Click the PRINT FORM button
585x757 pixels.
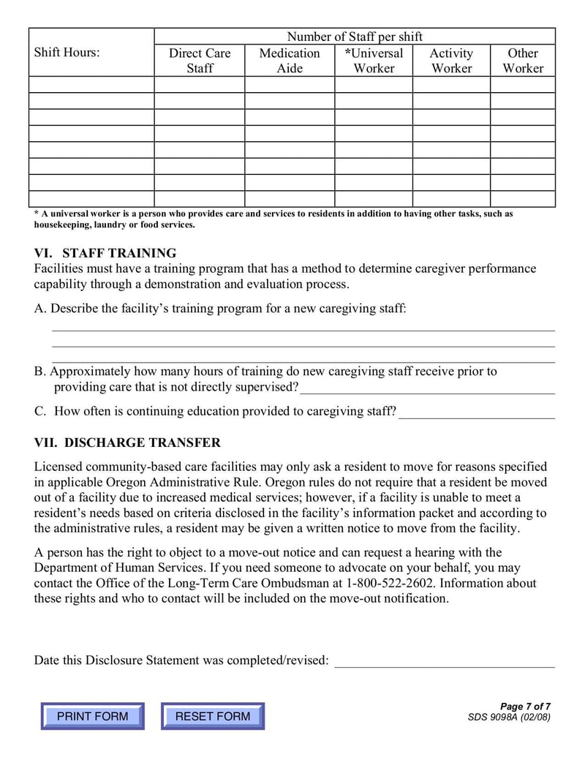coord(92,716)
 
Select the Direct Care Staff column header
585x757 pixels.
coord(200,61)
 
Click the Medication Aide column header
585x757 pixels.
coord(290,61)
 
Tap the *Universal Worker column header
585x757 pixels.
coord(374,61)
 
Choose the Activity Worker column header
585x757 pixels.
coord(451,61)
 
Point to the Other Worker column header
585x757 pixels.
coord(523,61)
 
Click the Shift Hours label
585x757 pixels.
coord(67,53)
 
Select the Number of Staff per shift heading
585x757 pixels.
coord(355,37)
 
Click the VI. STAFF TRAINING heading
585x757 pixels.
coord(105,253)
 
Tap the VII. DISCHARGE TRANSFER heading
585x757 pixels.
coord(127,442)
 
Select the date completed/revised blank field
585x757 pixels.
coord(445,660)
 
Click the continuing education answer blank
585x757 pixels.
coord(477,412)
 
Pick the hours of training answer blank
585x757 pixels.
coord(428,388)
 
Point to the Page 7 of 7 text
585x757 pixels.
coord(525,706)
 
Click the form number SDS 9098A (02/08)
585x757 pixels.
coord(509,717)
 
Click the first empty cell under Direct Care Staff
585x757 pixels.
coord(200,84)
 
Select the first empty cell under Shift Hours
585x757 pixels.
coord(91,84)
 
